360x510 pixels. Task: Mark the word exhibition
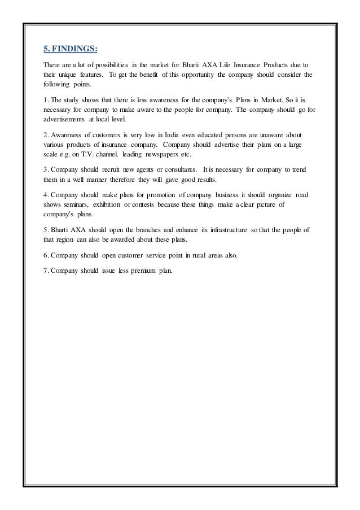coord(121,204)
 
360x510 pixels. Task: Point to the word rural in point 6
coord(184,255)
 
